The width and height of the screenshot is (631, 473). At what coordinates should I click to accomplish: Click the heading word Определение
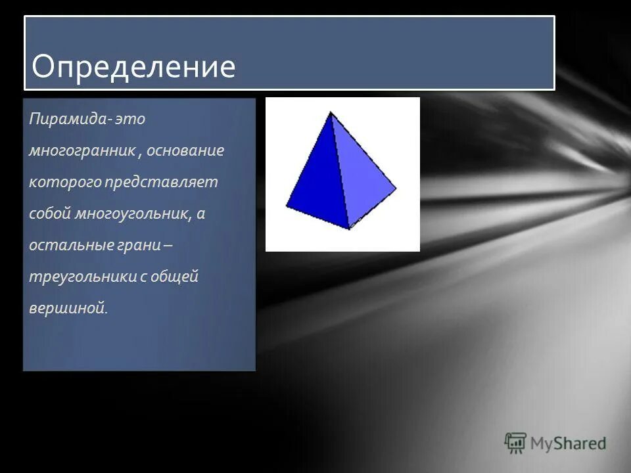coord(133,66)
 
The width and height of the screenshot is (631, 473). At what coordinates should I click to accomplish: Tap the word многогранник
coord(82,151)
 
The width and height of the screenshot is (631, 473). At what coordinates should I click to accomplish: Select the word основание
coord(185,151)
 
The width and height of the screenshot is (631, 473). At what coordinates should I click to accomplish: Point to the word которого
coord(63,183)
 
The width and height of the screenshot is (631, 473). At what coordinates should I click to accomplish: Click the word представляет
coord(160,183)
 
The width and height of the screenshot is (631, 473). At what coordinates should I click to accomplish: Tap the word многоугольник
coord(133,214)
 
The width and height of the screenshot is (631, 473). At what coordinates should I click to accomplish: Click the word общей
coord(174,277)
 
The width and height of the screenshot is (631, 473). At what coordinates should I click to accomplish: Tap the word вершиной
coord(67,309)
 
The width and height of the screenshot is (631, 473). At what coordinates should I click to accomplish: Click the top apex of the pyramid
coord(330,112)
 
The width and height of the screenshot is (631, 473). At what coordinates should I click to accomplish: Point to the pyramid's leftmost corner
coord(286,207)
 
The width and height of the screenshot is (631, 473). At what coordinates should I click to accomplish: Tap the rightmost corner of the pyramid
coord(396,189)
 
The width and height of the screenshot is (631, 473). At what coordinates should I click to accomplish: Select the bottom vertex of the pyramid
coord(349,229)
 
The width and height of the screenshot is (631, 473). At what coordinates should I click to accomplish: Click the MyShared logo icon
coord(516,443)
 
